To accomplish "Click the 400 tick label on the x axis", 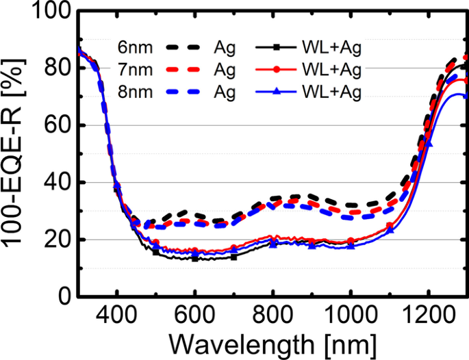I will pyautogui.click(x=117, y=316).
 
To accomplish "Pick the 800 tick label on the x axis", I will pyautogui.click(x=272, y=316).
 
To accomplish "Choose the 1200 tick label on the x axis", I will pyautogui.click(x=428, y=316).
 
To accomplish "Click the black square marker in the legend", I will pyautogui.click(x=275, y=47).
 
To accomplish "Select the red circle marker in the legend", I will pyautogui.click(x=275, y=69).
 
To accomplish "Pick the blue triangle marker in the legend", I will pyautogui.click(x=275, y=92).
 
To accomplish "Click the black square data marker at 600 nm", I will pyautogui.click(x=195, y=258).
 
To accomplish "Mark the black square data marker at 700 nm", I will pyautogui.click(x=234, y=257).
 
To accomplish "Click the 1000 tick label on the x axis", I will pyautogui.click(x=351, y=316).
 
